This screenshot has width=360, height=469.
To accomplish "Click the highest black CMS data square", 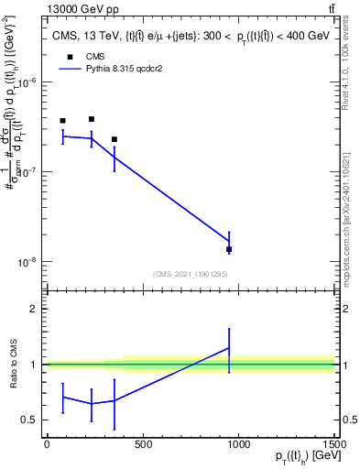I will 92,119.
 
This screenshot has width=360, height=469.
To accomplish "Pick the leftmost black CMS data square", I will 62,121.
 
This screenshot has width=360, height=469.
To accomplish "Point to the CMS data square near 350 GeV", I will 114,139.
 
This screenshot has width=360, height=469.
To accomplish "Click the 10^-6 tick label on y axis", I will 27,82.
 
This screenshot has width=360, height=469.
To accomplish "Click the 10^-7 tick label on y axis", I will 27,172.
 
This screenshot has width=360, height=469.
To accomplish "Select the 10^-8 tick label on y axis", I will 27,262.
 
